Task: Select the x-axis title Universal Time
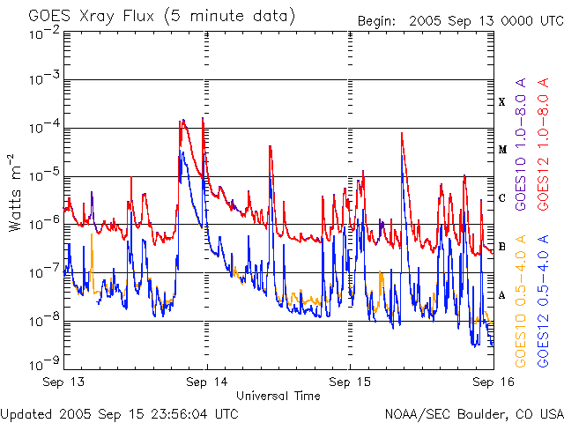tap(278, 396)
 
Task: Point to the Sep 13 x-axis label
tap(64, 382)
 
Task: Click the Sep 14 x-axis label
tap(207, 382)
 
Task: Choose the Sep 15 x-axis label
tap(350, 382)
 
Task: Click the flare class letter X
tap(502, 102)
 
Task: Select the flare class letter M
tap(502, 150)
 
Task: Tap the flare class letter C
tap(502, 198)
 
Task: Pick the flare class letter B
tap(502, 247)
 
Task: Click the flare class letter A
tap(502, 295)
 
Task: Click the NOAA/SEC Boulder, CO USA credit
tap(473, 412)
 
